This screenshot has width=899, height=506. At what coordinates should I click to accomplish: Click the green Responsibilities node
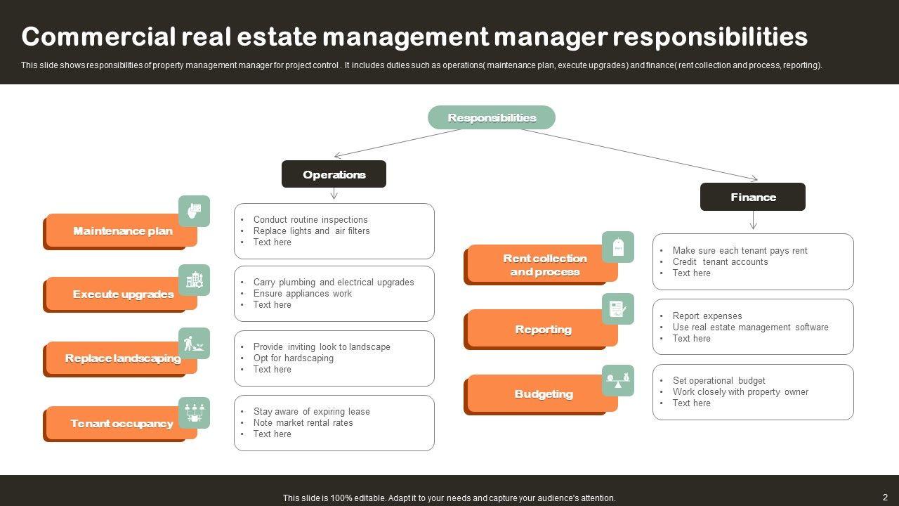tap(491, 117)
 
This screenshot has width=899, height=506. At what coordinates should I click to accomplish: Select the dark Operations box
tap(334, 174)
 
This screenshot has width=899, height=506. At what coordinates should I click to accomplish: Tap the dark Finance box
tap(752, 197)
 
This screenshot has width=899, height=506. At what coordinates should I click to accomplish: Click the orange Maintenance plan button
tap(122, 231)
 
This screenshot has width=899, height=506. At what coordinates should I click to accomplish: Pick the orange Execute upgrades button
tap(122, 294)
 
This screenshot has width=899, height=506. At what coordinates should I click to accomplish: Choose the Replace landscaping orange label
tap(122, 358)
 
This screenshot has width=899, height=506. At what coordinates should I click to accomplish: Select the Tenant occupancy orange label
tap(122, 423)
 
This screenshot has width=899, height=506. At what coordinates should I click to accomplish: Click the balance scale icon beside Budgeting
tap(618, 380)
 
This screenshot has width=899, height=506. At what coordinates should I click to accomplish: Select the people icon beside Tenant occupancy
tap(194, 412)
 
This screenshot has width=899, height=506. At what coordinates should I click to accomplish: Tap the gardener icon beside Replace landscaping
tap(194, 344)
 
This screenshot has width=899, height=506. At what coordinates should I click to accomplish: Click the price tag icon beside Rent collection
tap(618, 247)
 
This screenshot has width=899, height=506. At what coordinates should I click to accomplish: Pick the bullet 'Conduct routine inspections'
tap(310, 219)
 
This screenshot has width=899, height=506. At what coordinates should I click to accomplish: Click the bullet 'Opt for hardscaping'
tap(294, 358)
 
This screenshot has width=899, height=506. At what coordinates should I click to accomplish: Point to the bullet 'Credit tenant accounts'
tap(720, 261)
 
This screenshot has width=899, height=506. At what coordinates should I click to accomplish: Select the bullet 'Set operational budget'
tap(718, 380)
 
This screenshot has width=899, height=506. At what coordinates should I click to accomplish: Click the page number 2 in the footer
tap(885, 497)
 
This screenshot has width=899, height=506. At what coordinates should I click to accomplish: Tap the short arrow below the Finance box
tap(753, 221)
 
